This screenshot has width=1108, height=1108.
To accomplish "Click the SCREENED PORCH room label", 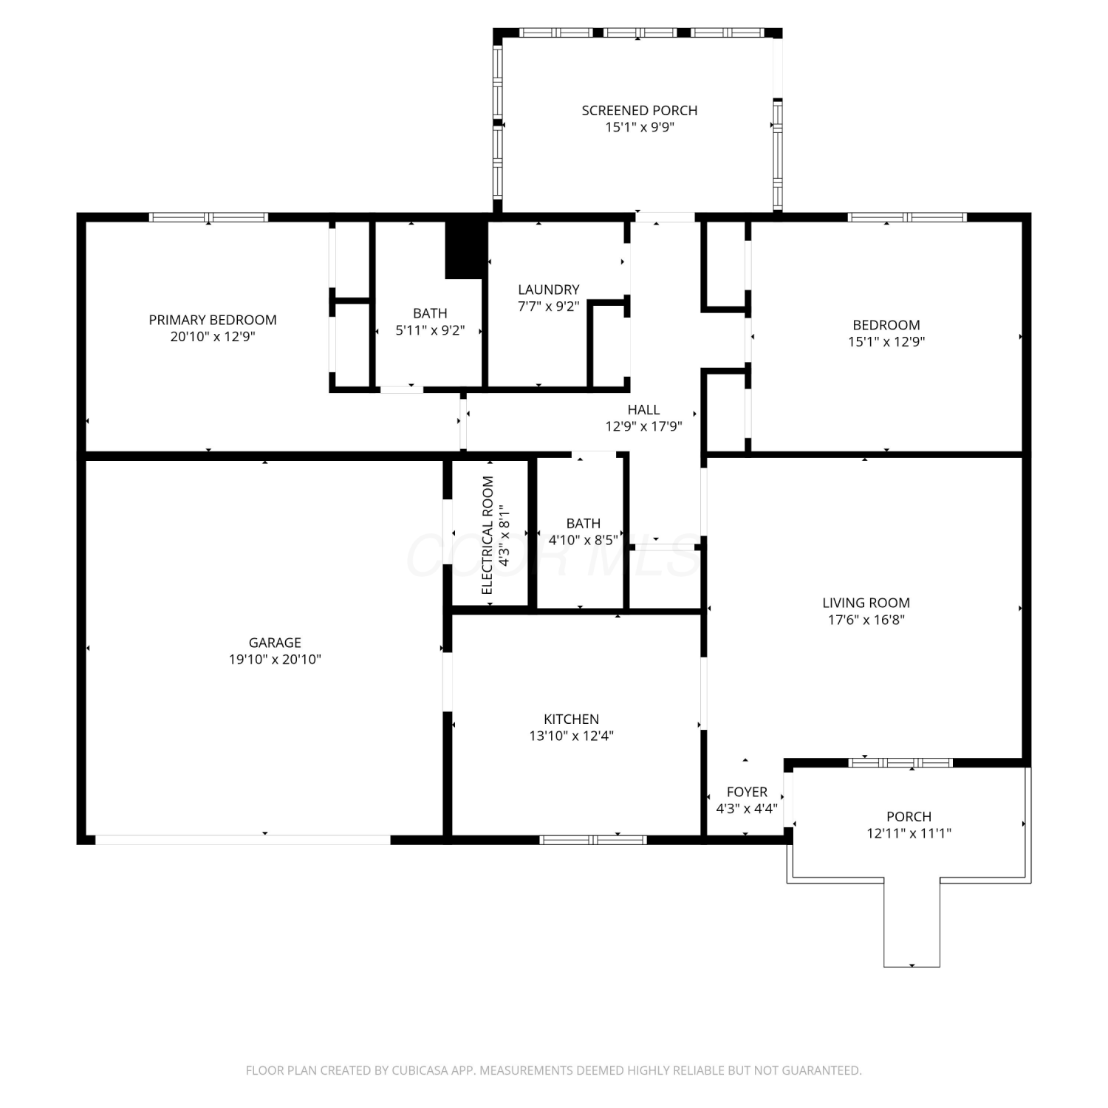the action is (640, 111).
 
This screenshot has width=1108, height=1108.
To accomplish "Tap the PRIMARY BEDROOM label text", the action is (213, 320).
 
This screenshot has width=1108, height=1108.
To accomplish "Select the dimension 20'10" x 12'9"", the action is (213, 337).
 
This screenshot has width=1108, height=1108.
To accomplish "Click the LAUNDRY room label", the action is (549, 290).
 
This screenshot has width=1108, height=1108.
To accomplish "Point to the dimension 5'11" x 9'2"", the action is (430, 330).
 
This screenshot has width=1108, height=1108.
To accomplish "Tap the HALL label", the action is (643, 410).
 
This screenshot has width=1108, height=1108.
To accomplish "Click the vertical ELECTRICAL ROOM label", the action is (487, 535).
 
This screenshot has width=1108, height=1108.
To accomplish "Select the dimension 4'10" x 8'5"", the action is (583, 540).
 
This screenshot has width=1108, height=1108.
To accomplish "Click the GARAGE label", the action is (275, 643).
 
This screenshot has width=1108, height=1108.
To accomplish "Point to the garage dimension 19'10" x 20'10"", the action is (275, 660).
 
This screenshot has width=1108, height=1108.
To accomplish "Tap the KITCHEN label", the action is (572, 719).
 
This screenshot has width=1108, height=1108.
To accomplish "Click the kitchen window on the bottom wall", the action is (593, 840).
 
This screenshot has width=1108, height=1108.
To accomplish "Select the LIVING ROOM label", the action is (866, 603).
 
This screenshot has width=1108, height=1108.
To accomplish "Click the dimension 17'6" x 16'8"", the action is (866, 620).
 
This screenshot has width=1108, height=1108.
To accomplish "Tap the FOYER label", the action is (747, 792).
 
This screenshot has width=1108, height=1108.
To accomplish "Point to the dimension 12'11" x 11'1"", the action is (909, 834).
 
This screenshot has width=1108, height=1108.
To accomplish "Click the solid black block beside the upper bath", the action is (466, 250).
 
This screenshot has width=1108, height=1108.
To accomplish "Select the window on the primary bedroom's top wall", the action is (208, 217).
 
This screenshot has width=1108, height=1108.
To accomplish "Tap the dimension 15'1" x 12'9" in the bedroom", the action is (886, 342).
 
